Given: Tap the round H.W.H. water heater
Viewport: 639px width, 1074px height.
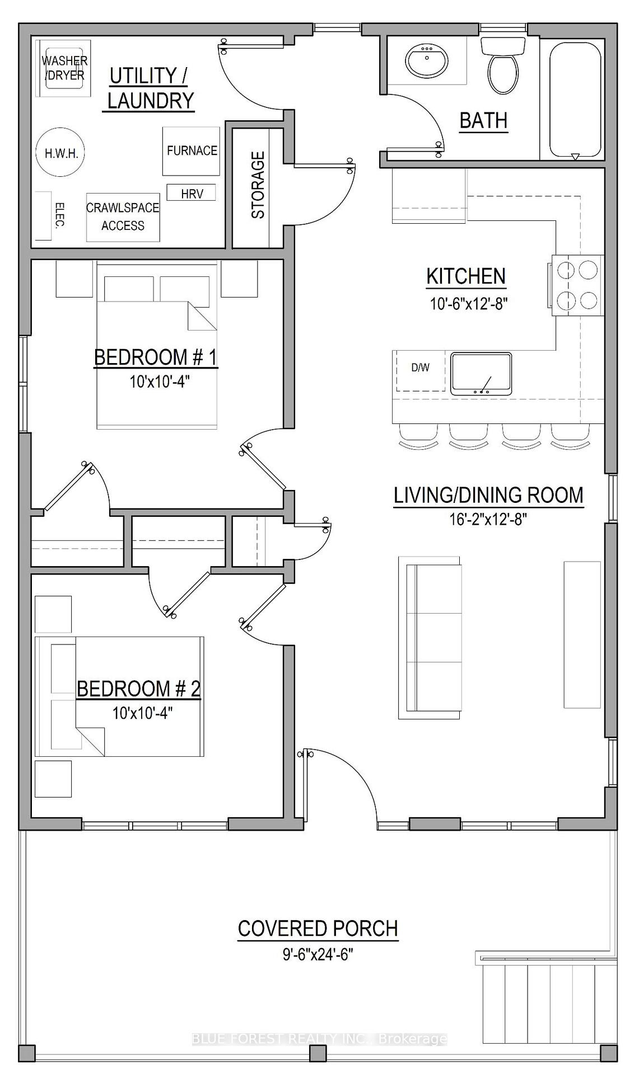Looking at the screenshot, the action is tap(61, 153).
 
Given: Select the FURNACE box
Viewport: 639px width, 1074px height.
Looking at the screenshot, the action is tap(191, 151).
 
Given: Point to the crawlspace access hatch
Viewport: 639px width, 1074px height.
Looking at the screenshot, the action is tap(123, 217).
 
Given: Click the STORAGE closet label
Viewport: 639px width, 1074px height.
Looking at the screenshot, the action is tap(258, 185).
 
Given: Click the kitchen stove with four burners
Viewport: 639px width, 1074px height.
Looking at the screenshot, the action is tap(576, 285).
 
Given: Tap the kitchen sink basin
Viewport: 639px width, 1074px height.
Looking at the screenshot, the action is tap(481, 374).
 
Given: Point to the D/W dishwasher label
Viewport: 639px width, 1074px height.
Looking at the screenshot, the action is tap(421, 368).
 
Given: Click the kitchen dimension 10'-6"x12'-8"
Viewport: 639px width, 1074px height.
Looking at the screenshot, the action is tap(469, 304).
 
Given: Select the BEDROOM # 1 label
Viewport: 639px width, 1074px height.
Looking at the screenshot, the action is tap(156, 357).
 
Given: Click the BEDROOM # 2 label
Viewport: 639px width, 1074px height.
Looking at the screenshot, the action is tap(138, 689).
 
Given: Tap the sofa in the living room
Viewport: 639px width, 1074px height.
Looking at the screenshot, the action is tap(430, 638).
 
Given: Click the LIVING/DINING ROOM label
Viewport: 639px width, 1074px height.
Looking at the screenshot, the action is tap(488, 495).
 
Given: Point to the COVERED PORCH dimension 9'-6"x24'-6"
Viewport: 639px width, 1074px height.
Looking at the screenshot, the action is tap(318, 954).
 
